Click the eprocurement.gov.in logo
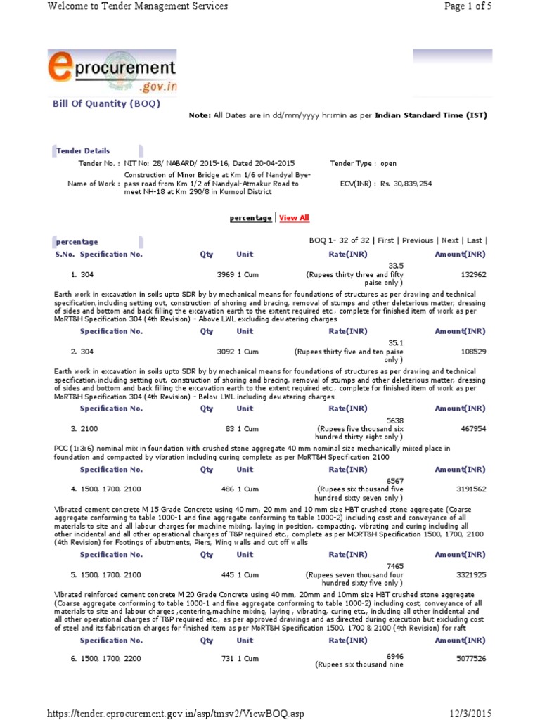click(112, 73)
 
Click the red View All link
click(294, 218)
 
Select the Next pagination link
click(450, 240)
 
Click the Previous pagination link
click(418, 240)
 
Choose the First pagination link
click(386, 240)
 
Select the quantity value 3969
click(225, 274)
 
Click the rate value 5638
click(395, 420)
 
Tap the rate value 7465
click(395, 566)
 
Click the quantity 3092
click(225, 352)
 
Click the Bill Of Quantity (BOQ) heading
click(107, 104)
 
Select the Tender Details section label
click(83, 150)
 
